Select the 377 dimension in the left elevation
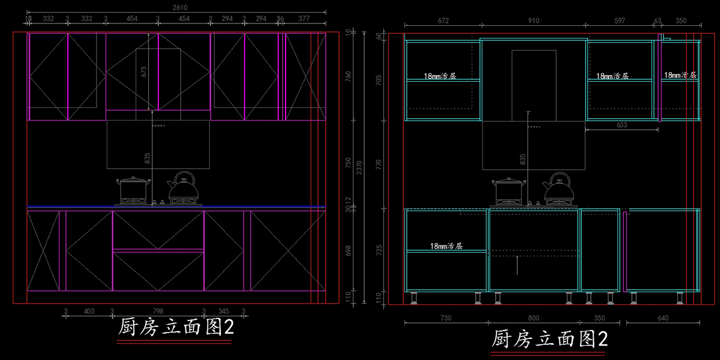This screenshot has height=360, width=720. [x=304, y=19]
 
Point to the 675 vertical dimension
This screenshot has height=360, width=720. [x=144, y=71]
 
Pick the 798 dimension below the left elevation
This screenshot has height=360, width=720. [x=158, y=311]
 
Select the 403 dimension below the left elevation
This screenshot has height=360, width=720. [x=89, y=311]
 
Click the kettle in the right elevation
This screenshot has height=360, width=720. [x=559, y=187]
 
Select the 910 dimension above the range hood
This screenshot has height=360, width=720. [x=533, y=21]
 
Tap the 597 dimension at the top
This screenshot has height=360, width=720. [x=619, y=21]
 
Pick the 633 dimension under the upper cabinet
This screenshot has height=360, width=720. [x=621, y=125]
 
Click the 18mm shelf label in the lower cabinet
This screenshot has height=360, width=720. [x=446, y=246]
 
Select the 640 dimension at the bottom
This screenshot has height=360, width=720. [x=663, y=318]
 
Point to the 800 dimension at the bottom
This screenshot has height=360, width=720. [x=533, y=318]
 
